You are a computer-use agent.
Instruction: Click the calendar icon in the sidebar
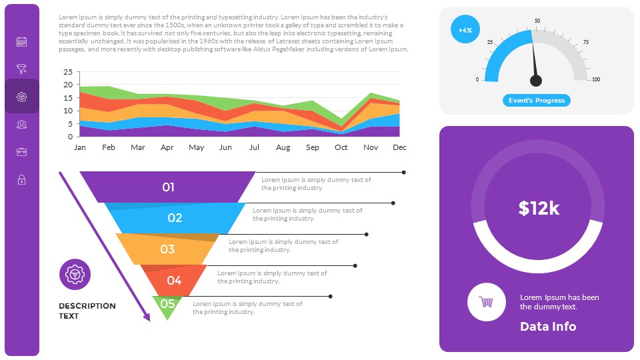click(x=21, y=41)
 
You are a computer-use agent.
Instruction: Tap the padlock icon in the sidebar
click(x=21, y=179)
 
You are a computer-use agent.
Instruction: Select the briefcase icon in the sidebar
click(x=21, y=151)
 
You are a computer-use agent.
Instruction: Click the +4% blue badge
click(x=465, y=29)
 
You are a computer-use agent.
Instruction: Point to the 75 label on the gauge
click(x=586, y=43)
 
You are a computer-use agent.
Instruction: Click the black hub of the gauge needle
click(x=536, y=81)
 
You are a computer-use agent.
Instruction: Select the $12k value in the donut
click(x=539, y=208)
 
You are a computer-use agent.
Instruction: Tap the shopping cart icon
click(x=486, y=302)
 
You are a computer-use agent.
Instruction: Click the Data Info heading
click(x=548, y=326)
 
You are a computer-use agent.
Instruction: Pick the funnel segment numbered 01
click(x=168, y=187)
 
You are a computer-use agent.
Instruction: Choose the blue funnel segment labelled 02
click(x=175, y=217)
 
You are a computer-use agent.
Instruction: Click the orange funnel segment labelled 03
click(x=167, y=249)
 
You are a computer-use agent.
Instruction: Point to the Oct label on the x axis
click(x=341, y=147)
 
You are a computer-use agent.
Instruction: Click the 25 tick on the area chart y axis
click(x=67, y=72)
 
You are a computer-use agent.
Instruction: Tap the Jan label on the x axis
click(x=79, y=147)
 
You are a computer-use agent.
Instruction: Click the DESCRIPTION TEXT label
click(x=87, y=311)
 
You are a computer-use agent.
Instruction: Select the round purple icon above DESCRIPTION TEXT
click(x=75, y=274)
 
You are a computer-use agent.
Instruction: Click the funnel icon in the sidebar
click(x=21, y=69)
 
